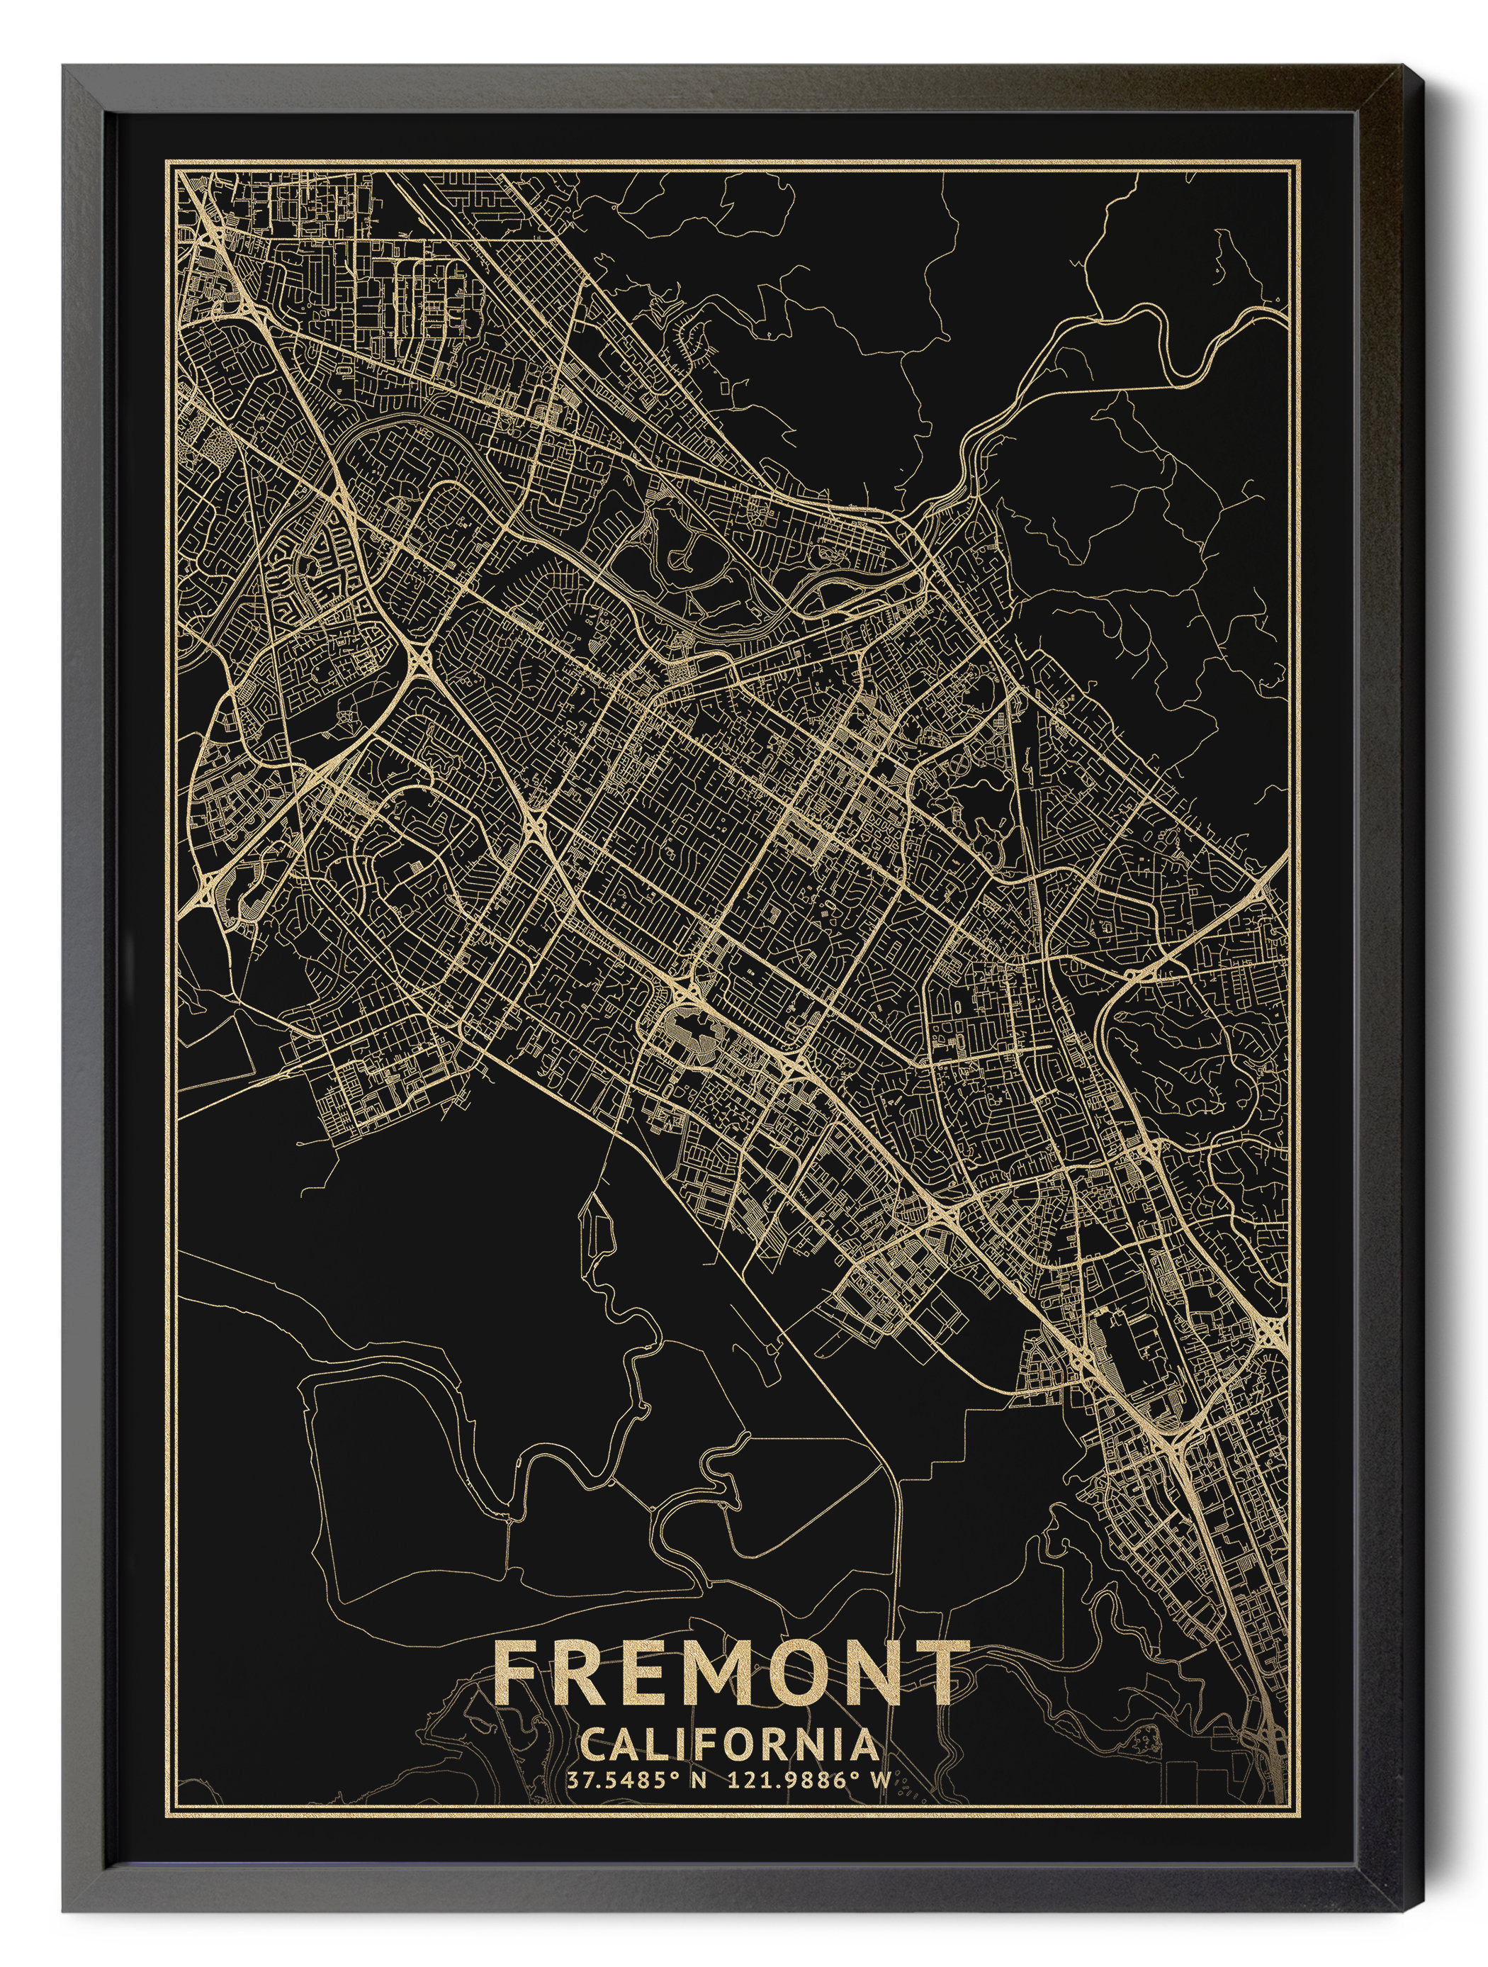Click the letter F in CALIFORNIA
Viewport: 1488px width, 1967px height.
pos(702,1744)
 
